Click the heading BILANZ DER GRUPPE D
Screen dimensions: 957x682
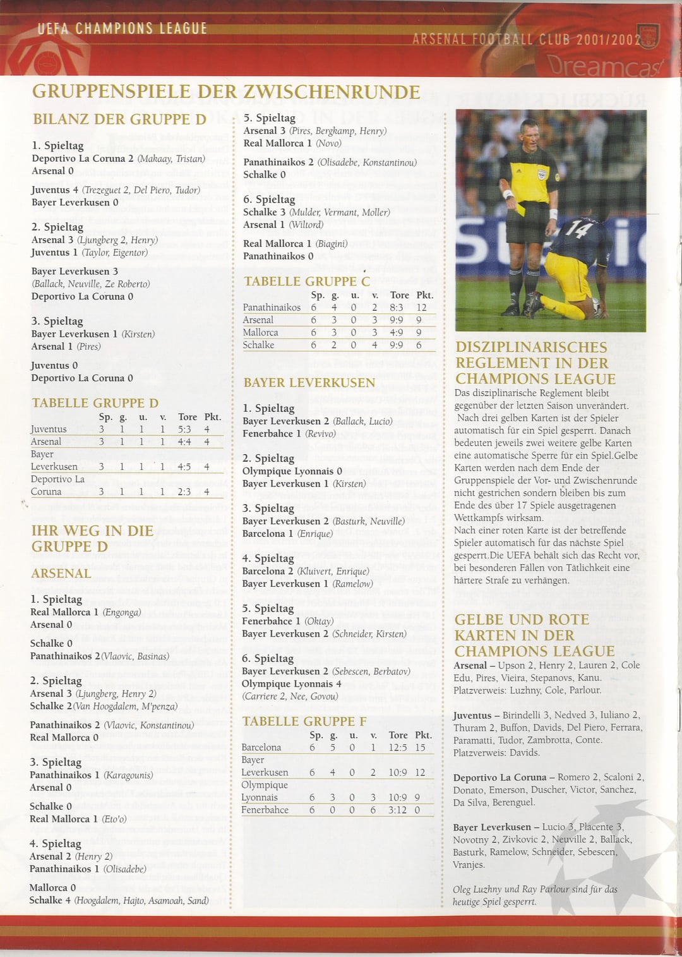coord(119,119)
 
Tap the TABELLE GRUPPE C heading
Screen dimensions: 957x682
coord(307,281)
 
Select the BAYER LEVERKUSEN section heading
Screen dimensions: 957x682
coord(309,383)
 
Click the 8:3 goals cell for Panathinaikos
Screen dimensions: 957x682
coord(397,308)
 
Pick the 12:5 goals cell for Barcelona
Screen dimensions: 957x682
coord(398,747)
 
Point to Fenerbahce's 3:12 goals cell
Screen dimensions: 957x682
coord(397,810)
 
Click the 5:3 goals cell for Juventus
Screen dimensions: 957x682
coord(184,429)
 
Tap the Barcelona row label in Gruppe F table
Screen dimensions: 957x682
coord(261,747)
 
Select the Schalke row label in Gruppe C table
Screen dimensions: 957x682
coord(258,345)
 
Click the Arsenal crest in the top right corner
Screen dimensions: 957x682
coord(649,37)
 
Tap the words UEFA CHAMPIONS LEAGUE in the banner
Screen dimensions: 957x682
coord(122,28)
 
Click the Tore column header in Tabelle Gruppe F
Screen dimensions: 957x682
coord(398,735)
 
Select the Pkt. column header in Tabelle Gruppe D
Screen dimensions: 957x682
coord(212,417)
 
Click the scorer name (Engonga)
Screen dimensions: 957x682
coord(121,612)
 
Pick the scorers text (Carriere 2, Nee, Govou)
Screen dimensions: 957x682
coord(290,696)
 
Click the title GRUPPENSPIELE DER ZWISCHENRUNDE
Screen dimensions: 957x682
coord(225,92)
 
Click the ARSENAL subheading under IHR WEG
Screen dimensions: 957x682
coord(61,574)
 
